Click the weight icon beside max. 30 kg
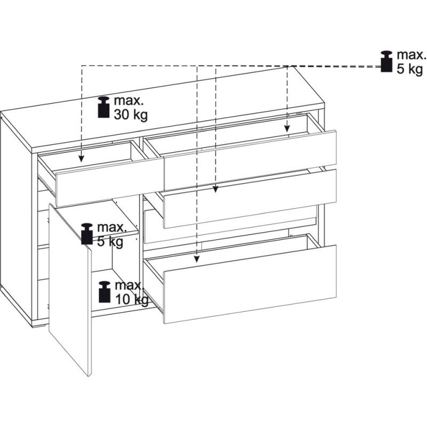(104, 107)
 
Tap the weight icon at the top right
(386, 61)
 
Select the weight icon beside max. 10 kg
(105, 291)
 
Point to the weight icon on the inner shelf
(87, 234)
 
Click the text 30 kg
(131, 115)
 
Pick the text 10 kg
(132, 299)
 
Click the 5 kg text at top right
(409, 69)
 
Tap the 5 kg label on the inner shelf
(110, 241)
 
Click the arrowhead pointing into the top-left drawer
(82, 159)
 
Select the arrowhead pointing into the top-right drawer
(287, 129)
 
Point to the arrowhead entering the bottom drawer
(197, 259)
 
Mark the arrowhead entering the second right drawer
(216, 189)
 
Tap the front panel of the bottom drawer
(250, 284)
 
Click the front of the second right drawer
(250, 199)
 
